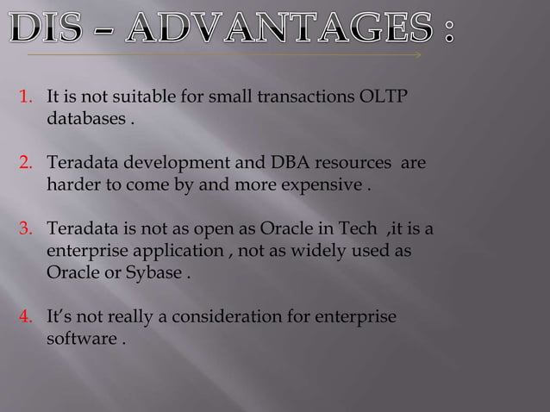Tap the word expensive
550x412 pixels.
[328, 184]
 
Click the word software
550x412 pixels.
[78, 339]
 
